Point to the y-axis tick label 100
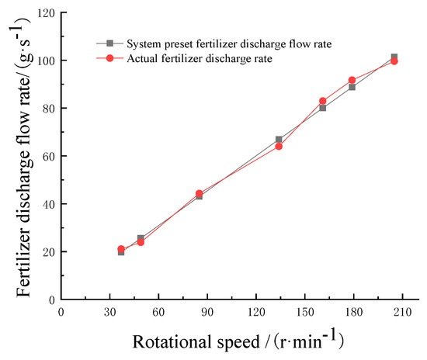pos(43,61)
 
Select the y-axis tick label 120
pos(43,13)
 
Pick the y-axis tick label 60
pos(47,156)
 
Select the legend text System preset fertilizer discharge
pos(233,43)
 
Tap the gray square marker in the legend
pos(110,43)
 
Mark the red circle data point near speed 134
pos(279,146)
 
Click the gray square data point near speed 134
pos(279,140)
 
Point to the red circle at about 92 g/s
pos(352,80)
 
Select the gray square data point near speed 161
pos(323,108)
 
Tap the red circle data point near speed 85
pos(199,193)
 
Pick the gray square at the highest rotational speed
pos(394,57)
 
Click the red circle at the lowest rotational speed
pos(121,249)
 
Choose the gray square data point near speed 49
pos(141,238)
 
